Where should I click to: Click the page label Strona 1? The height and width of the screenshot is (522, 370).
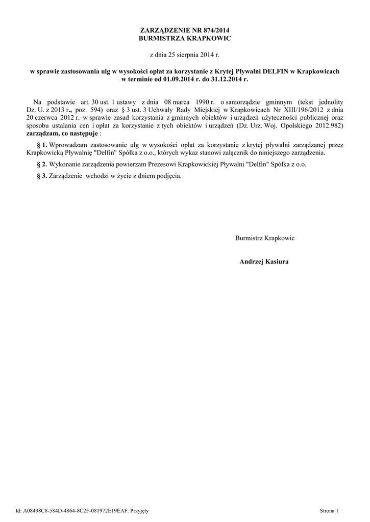[329, 510]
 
